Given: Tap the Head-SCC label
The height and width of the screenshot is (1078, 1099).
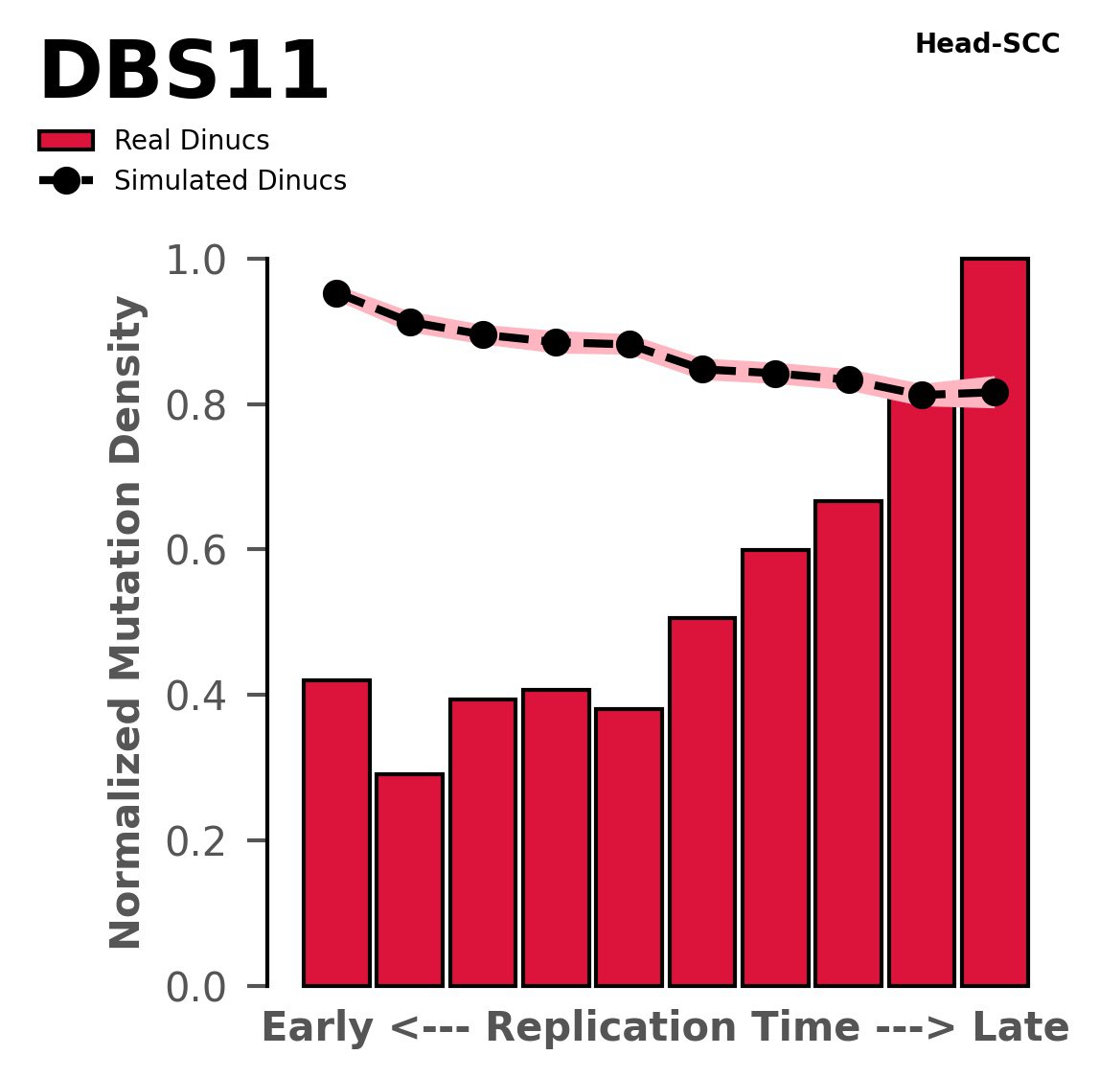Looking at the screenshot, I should click(x=987, y=44).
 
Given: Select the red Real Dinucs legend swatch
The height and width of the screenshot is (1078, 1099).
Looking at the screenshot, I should click(x=65, y=141).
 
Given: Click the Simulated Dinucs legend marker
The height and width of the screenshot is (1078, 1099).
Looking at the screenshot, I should click(x=65, y=181).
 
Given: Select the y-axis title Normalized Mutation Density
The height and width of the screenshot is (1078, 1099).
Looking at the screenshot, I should click(x=126, y=623).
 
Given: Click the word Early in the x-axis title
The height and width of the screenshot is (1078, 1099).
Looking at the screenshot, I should click(x=318, y=1028).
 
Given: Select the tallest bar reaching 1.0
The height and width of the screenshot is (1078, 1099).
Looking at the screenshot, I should click(x=995, y=623).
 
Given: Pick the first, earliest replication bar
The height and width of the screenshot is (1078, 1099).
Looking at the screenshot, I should click(x=336, y=833).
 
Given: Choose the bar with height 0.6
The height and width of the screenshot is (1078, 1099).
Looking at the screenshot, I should click(x=775, y=767).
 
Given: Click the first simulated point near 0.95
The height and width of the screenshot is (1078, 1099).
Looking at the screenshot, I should click(x=336, y=293).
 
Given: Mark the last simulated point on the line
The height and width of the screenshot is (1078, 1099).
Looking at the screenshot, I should click(x=995, y=392).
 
